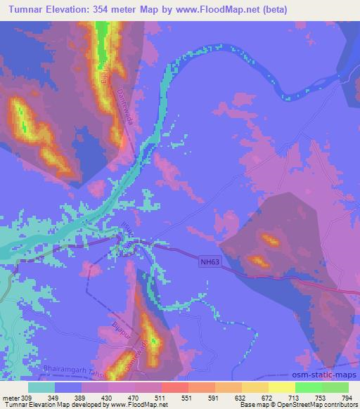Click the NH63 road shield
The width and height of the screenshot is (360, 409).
205,259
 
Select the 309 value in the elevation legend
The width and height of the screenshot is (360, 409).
26,396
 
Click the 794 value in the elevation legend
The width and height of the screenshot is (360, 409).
347,396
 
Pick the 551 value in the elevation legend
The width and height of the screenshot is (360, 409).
186,396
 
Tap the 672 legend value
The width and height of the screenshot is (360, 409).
267,396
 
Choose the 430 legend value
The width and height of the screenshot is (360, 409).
106,396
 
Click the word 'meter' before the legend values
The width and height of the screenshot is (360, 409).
11,396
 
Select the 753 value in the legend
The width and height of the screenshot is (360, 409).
320,396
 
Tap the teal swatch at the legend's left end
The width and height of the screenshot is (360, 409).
41,387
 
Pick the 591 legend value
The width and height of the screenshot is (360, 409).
212,396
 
